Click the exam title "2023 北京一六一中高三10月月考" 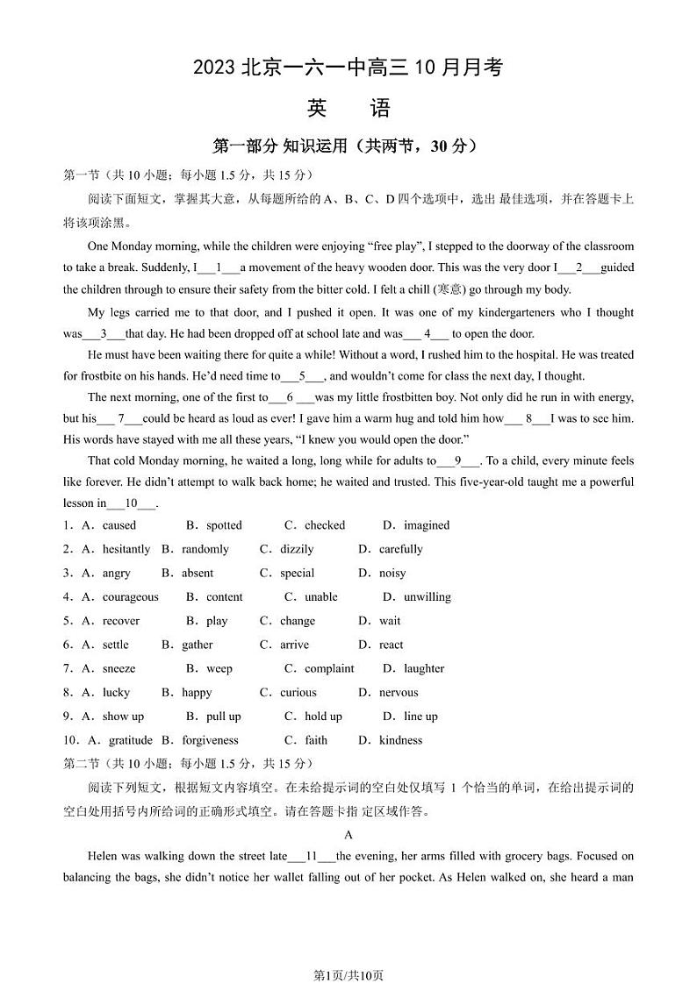348,68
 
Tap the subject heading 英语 348,109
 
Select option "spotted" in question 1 224,525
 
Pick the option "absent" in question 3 198,573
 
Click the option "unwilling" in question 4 427,596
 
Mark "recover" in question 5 121,621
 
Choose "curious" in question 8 298,692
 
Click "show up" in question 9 123,717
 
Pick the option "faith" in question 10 316,740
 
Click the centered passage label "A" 348,835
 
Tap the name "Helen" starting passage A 104,856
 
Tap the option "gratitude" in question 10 130,740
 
